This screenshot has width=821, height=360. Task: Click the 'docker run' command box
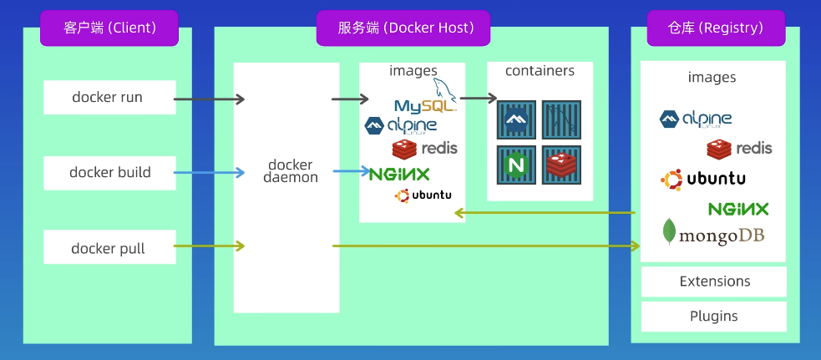pyautogui.click(x=109, y=98)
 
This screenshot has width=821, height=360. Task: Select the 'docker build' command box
pyautogui.click(x=109, y=173)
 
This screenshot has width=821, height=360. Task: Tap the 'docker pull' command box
pyautogui.click(x=109, y=248)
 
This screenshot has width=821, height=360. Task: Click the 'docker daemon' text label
pyautogui.click(x=291, y=170)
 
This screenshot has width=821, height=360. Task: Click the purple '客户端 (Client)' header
pyautogui.click(x=109, y=28)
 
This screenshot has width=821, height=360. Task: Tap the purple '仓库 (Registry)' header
pyautogui.click(x=716, y=28)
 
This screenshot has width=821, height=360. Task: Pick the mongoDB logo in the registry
pyautogui.click(x=712, y=234)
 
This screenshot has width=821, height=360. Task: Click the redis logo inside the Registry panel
pyautogui.click(x=739, y=149)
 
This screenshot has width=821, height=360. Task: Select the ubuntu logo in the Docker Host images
pyautogui.click(x=423, y=195)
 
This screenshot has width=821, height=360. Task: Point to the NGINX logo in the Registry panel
pyautogui.click(x=738, y=209)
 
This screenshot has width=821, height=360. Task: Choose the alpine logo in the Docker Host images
pyautogui.click(x=400, y=126)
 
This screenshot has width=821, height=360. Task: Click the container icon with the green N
pyautogui.click(x=516, y=165)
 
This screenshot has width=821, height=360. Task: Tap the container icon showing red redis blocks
pyautogui.click(x=563, y=165)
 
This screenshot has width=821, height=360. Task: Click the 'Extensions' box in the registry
pyautogui.click(x=714, y=281)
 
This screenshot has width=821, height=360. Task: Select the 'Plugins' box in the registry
pyautogui.click(x=714, y=317)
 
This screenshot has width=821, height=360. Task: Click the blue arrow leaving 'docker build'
pyautogui.click(x=209, y=173)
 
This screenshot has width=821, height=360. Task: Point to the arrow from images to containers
pyautogui.click(x=478, y=99)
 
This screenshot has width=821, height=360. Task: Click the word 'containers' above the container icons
pyautogui.click(x=540, y=71)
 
